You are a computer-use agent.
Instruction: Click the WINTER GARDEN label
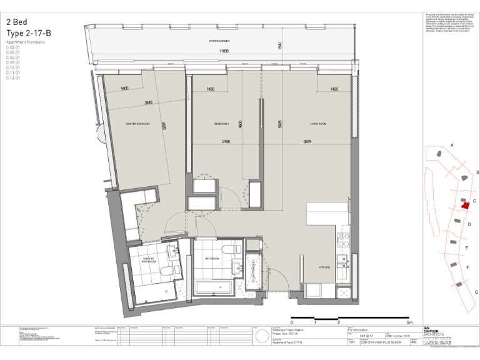click(219, 40)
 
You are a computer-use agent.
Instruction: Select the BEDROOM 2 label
click(221, 124)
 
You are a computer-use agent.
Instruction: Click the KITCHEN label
click(324, 267)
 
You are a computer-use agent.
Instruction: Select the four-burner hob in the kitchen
click(343, 238)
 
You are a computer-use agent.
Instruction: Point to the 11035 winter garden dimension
click(224, 51)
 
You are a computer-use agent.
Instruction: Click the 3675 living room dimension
click(307, 142)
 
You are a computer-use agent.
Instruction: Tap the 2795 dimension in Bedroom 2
click(226, 142)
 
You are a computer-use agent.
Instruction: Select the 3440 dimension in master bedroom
click(148, 102)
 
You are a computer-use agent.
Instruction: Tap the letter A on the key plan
click(451, 145)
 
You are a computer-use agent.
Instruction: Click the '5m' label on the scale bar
click(409, 322)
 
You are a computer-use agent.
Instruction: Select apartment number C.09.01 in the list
click(13, 62)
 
